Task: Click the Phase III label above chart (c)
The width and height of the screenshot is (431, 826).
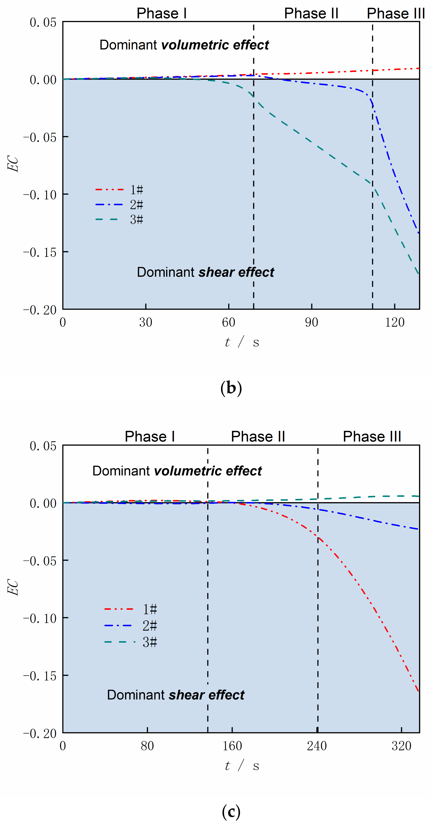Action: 372,436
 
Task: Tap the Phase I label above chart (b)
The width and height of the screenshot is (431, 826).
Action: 161,14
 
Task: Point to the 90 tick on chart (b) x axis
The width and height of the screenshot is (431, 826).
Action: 311,322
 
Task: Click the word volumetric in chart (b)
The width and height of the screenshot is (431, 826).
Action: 195,45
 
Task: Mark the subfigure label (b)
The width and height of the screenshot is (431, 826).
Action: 231,388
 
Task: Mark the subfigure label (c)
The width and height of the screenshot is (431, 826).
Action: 231,812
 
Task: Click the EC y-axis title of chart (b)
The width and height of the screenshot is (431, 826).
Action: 13,164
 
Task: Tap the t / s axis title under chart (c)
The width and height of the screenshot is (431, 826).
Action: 242,766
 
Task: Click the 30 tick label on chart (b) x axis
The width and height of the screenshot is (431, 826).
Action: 146,322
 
